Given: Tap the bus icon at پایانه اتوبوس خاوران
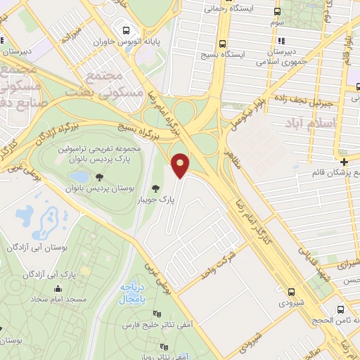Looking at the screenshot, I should click(126, 31).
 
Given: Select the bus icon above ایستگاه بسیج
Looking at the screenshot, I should click(223, 41).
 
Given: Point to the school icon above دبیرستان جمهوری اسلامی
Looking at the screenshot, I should click(282, 41).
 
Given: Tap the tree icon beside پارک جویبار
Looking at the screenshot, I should click(156, 188).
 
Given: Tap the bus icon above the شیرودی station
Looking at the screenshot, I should click(291, 292).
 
